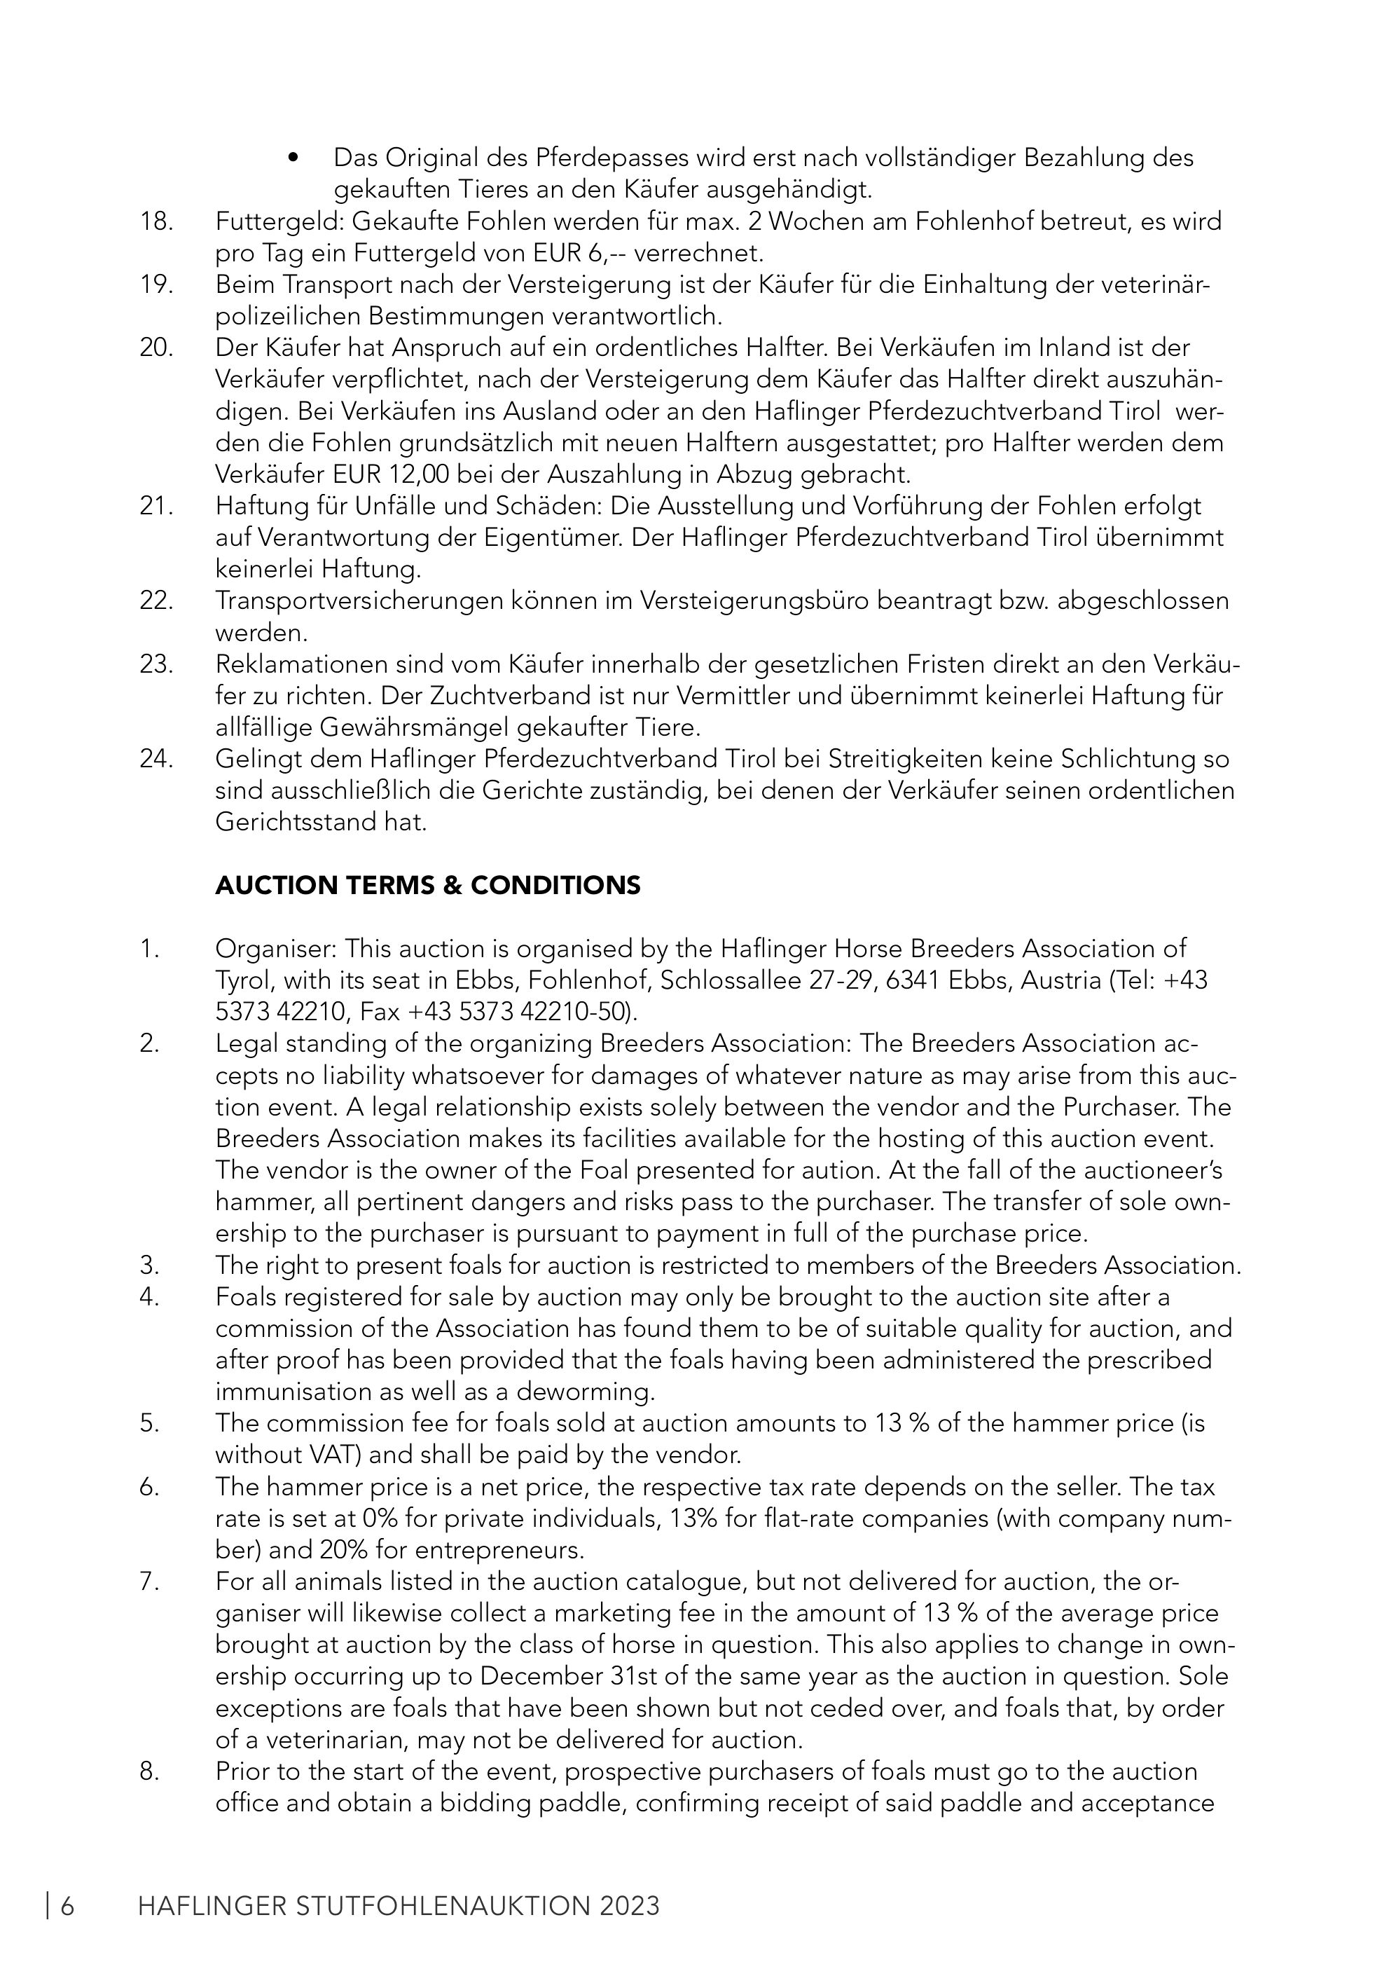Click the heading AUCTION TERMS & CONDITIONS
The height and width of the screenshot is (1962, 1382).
click(x=427, y=885)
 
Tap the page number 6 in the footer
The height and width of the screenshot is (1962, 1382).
click(x=66, y=1907)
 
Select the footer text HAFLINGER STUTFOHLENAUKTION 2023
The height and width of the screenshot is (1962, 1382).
click(x=398, y=1907)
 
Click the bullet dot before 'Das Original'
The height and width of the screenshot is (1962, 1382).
click(x=293, y=158)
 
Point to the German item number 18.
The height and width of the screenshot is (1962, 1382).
click(x=156, y=221)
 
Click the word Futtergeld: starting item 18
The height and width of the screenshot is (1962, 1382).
click(x=279, y=221)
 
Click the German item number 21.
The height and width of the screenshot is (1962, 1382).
click(x=156, y=506)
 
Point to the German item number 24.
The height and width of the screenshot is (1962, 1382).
click(x=156, y=759)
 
